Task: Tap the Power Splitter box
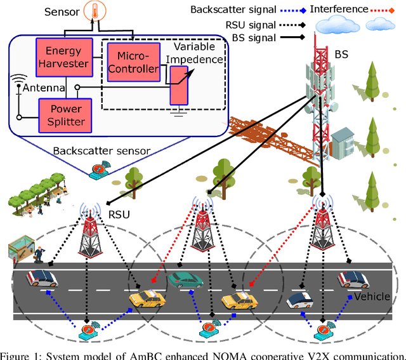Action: point(63,113)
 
